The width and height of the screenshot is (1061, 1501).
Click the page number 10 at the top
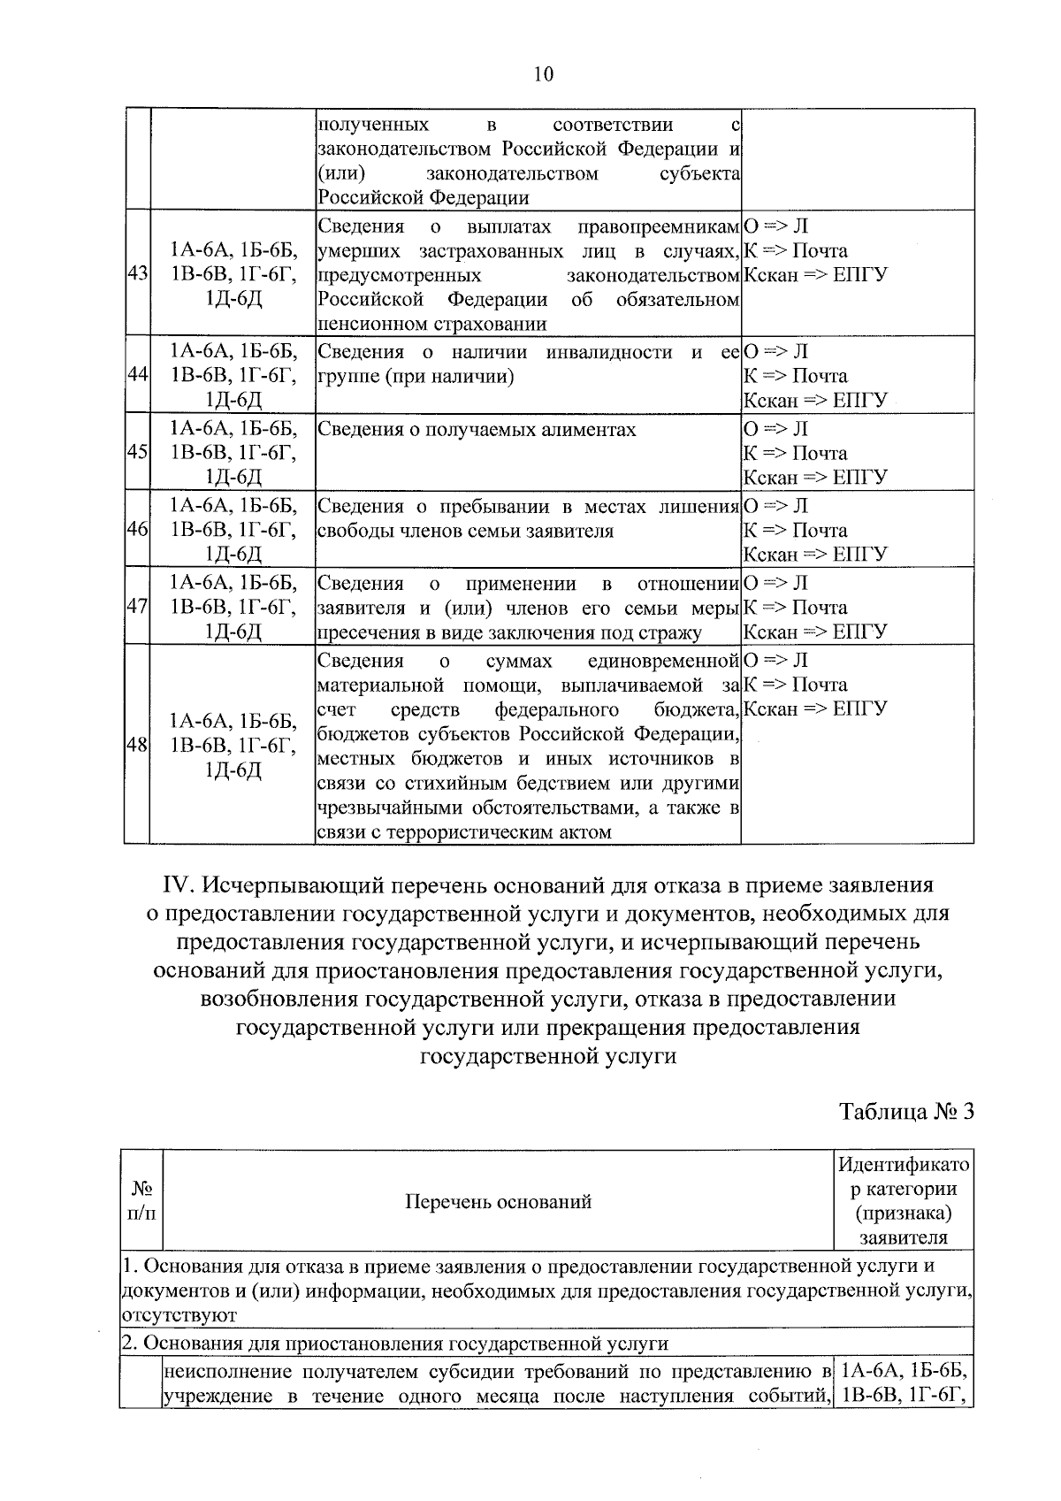coord(543,74)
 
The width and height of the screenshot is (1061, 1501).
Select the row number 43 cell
coord(137,275)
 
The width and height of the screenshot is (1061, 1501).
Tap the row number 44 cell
coord(137,375)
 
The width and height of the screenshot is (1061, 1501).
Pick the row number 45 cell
coord(137,452)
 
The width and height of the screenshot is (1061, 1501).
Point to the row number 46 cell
coord(137,530)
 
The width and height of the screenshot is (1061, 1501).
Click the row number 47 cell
coord(137,607)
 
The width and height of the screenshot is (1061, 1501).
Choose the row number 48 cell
coord(137,746)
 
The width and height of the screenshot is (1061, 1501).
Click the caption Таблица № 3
coord(906,1112)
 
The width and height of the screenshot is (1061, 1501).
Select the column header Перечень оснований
coord(498,1201)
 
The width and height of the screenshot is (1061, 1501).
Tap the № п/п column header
coord(141,1201)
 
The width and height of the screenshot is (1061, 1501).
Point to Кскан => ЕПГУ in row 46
coord(815,555)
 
